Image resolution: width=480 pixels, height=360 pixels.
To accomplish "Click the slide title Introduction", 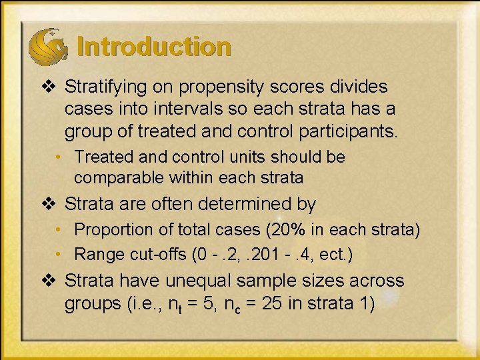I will pyautogui.click(x=154, y=47).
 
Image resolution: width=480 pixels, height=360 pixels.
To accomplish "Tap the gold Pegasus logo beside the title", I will pyautogui.click(x=47, y=46).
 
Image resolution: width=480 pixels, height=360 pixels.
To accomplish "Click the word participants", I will pyautogui.click(x=342, y=131).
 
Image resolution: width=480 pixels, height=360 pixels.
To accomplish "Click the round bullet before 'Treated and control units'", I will pyautogui.click(x=60, y=157).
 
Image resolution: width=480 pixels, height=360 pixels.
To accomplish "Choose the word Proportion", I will pyautogui.click(x=111, y=230).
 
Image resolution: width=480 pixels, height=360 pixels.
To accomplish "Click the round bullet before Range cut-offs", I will pyautogui.click(x=60, y=255).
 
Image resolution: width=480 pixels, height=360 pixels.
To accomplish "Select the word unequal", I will pyautogui.click(x=205, y=281).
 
